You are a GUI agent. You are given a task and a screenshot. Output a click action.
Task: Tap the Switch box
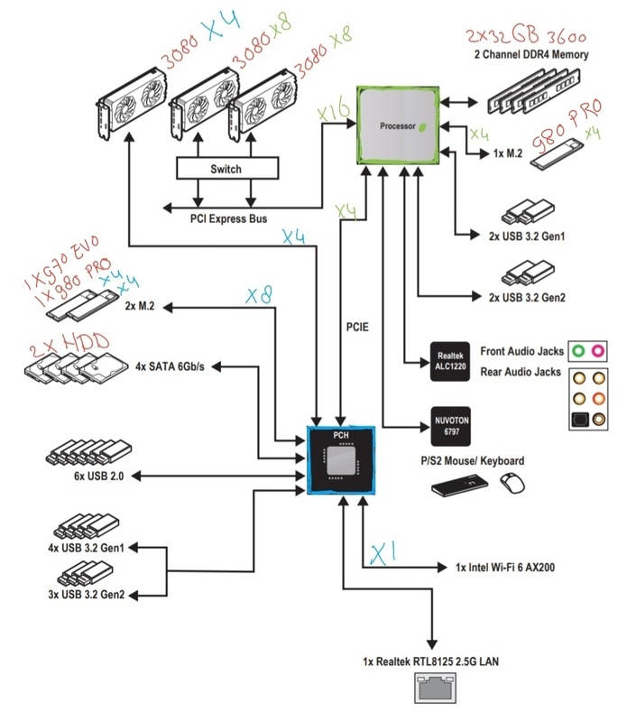pyautogui.click(x=226, y=169)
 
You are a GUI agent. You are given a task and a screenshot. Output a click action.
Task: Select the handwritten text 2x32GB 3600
pyautogui.click(x=529, y=37)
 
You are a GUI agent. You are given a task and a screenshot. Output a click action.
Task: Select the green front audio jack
pyautogui.click(x=577, y=351)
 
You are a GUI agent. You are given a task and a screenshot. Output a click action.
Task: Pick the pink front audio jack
pyautogui.click(x=598, y=351)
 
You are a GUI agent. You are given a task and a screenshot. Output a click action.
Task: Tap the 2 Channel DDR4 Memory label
pyautogui.click(x=531, y=56)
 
